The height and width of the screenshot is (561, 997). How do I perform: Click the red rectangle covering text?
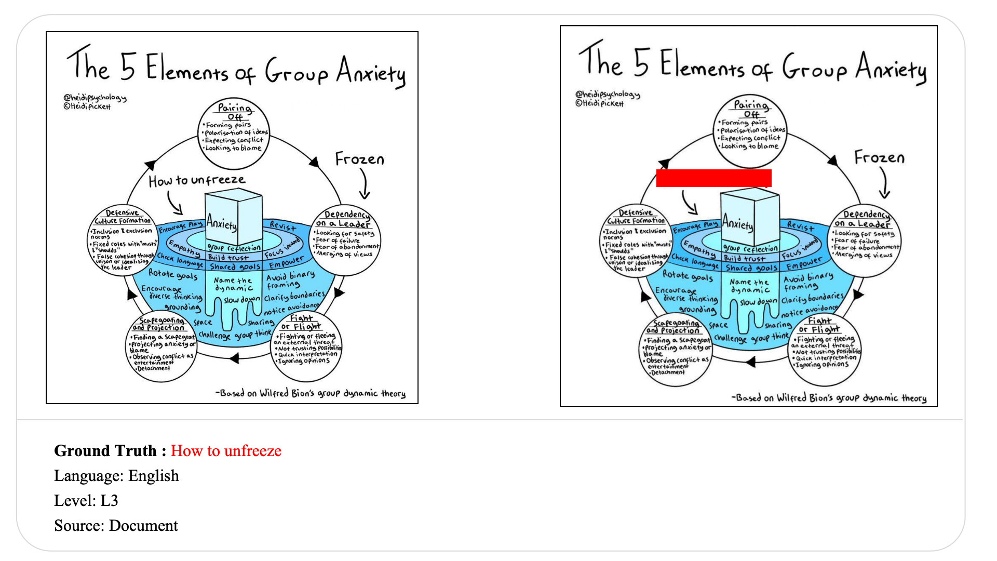(x=713, y=178)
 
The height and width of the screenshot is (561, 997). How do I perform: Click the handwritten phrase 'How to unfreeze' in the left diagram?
(x=196, y=180)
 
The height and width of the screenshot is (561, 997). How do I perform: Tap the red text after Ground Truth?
(x=226, y=451)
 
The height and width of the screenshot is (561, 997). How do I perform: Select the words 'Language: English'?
(x=116, y=476)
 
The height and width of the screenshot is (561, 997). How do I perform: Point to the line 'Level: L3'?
(x=86, y=501)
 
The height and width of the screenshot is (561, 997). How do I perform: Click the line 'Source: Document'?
(x=116, y=526)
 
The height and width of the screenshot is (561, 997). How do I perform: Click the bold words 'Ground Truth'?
(x=105, y=451)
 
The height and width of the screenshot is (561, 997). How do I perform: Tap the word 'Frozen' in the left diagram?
(x=359, y=159)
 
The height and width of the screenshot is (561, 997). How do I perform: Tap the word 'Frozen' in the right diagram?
(x=879, y=157)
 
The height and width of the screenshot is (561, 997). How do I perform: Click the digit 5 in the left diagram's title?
(x=128, y=68)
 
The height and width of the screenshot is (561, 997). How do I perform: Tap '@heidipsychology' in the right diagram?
(x=607, y=94)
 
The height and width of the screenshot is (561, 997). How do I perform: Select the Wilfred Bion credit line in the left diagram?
(x=311, y=393)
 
